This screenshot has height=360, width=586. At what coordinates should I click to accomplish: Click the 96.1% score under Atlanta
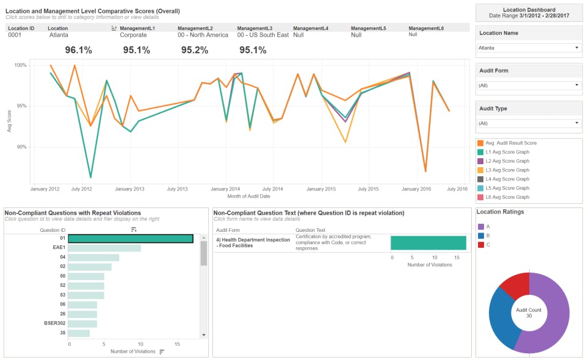(x=78, y=50)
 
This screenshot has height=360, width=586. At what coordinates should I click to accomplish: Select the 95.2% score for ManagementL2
(x=195, y=50)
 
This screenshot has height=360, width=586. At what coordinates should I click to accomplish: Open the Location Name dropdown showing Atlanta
(x=529, y=48)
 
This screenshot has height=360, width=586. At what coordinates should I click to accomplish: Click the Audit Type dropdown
(x=529, y=123)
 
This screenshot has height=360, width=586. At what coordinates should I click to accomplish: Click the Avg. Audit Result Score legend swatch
(x=480, y=143)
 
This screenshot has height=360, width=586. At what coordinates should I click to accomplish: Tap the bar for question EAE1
(x=104, y=248)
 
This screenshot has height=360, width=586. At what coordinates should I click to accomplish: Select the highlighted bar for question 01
(x=131, y=239)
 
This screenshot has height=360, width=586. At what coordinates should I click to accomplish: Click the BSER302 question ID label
(x=54, y=323)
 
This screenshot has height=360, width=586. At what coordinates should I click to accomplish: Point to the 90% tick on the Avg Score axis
(x=20, y=147)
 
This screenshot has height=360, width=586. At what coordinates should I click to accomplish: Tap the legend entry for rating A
(x=488, y=226)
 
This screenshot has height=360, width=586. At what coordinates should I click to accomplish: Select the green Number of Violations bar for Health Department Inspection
(x=429, y=243)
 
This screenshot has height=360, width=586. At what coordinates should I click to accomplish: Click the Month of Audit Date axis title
(x=248, y=196)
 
